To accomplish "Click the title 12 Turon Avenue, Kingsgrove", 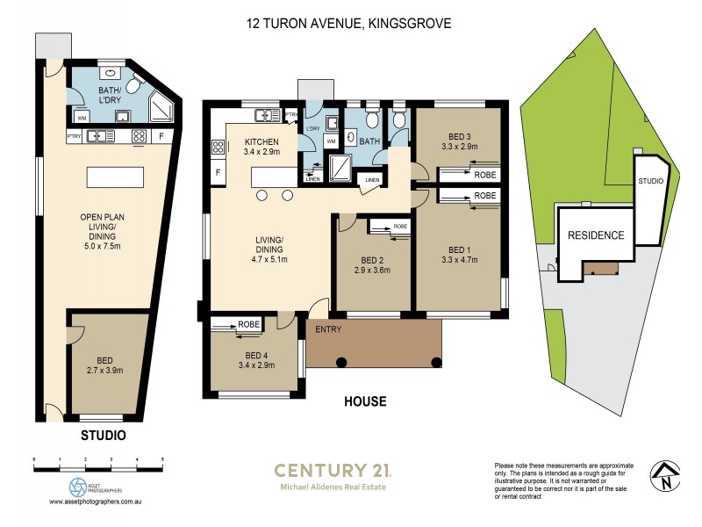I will (349, 24).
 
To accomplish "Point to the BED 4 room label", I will (261, 354).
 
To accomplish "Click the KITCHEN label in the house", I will (261, 141).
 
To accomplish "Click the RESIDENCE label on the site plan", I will (596, 235).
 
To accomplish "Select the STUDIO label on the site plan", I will (649, 181).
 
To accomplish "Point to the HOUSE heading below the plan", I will (366, 402).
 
